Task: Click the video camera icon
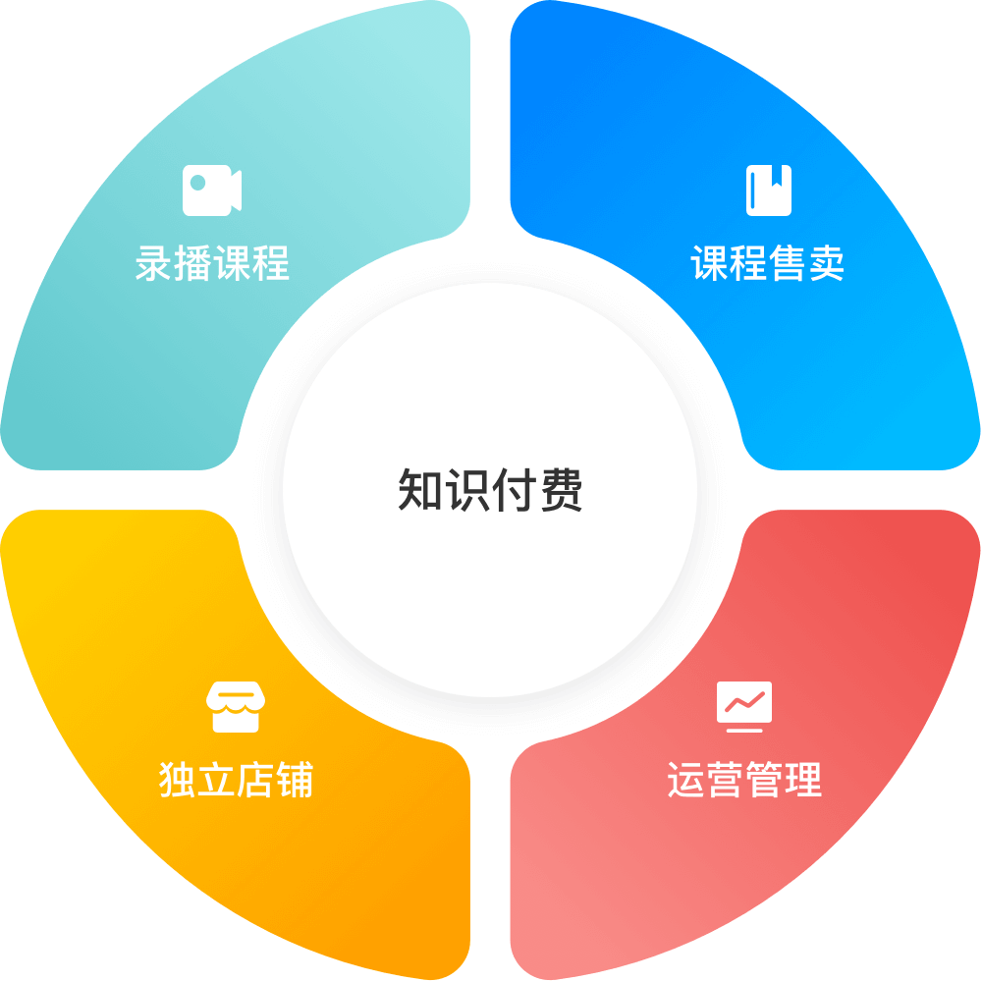(x=212, y=191)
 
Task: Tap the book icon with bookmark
(x=769, y=191)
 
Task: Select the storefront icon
(x=236, y=707)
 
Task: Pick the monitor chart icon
(x=744, y=707)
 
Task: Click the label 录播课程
(x=212, y=263)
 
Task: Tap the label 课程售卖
(x=767, y=263)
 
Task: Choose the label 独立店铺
(x=236, y=780)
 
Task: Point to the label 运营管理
(x=744, y=780)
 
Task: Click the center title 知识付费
(x=490, y=490)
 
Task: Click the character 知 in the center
(x=421, y=490)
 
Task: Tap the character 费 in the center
(x=561, y=490)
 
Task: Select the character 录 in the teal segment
(x=155, y=263)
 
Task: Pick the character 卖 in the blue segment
(x=826, y=263)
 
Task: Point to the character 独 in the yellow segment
(x=178, y=780)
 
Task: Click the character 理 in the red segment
(x=803, y=780)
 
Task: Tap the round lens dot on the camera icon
(x=198, y=183)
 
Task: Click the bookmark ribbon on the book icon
(x=777, y=177)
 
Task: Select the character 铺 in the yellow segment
(x=295, y=780)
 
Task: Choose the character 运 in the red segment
(x=685, y=780)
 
